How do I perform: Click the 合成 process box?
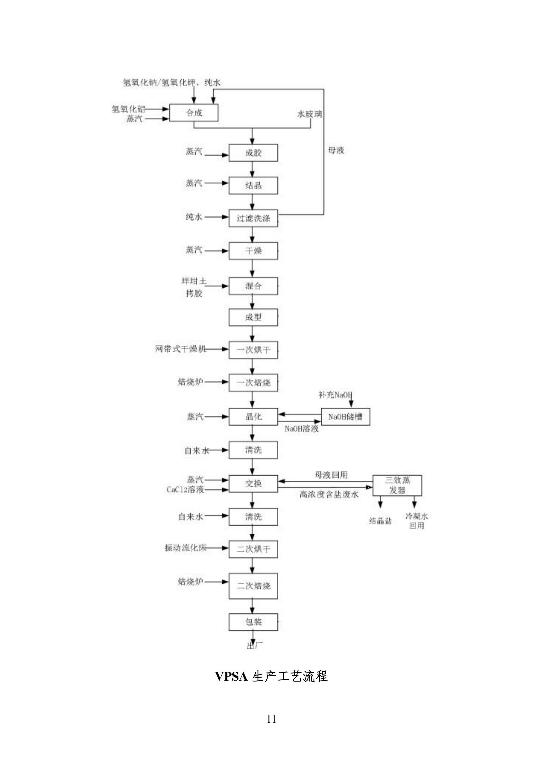194,112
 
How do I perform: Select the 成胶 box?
253,153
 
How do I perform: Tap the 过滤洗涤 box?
253,218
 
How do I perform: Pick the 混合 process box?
253,286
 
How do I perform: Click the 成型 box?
253,317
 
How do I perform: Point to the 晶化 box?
253,417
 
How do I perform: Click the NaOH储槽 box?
345,417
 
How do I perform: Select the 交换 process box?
253,484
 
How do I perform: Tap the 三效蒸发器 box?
397,485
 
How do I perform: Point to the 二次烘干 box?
253,549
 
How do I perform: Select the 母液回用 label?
331,475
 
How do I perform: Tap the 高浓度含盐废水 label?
329,494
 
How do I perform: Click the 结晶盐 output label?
380,521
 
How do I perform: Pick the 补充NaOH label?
335,395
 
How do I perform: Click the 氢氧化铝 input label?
128,109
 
